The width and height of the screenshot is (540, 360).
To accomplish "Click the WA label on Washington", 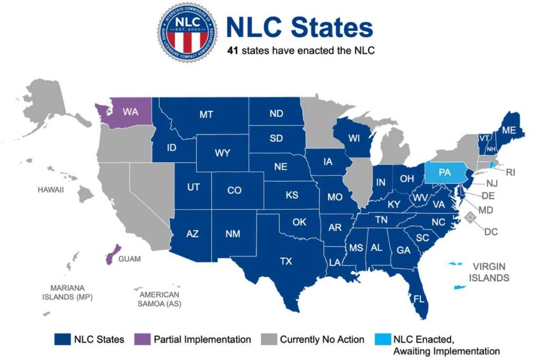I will (130, 112).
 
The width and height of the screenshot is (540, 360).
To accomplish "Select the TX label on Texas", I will (285, 261).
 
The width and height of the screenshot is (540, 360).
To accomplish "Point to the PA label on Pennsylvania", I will (445, 172).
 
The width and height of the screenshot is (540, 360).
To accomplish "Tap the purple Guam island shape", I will (112, 255).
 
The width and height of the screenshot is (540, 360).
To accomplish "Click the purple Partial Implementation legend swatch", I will (142, 339).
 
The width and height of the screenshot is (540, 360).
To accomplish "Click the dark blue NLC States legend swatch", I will (62, 339).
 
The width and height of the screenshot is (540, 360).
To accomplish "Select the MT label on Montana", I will (206, 114).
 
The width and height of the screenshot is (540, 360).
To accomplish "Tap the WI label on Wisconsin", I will (353, 139).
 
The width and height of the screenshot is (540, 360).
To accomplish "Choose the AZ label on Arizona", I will (192, 234).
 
